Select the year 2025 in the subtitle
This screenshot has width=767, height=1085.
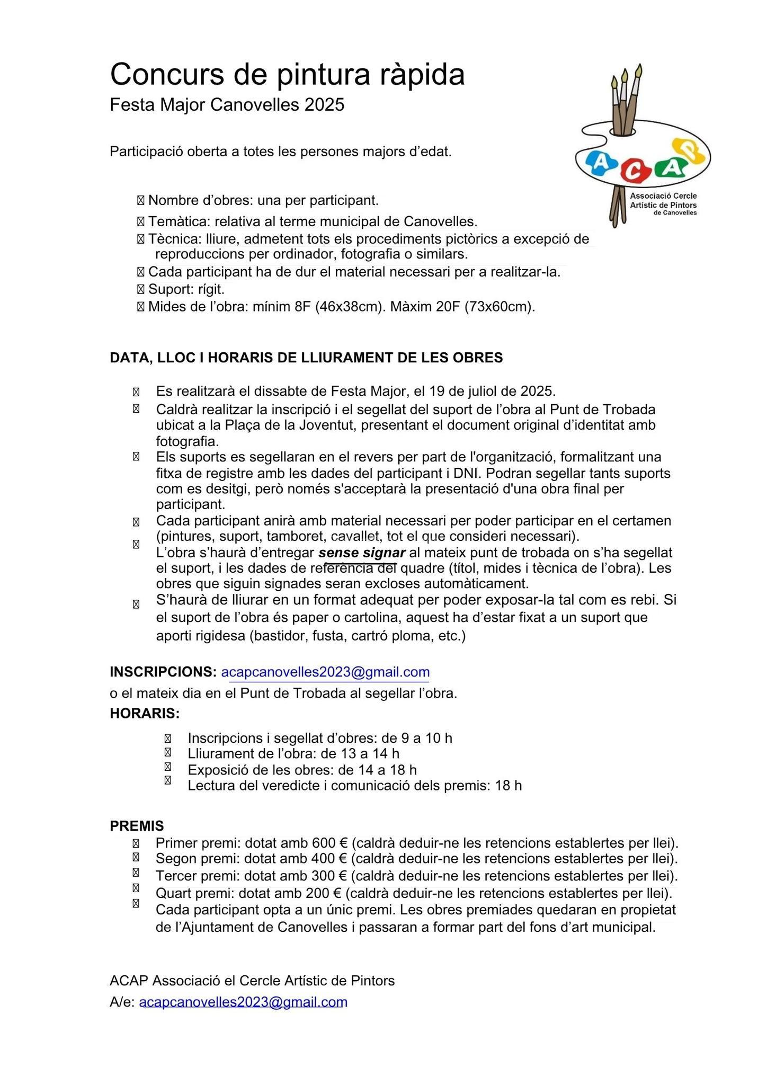tap(324, 105)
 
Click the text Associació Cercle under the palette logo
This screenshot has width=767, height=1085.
tap(663, 196)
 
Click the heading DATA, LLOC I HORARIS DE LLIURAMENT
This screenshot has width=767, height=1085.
tap(306, 358)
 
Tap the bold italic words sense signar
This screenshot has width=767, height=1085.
tap(362, 553)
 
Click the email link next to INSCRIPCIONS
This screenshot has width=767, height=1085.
tap(325, 672)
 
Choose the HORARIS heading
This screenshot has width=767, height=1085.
tap(145, 714)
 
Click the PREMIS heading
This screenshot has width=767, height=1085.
tap(137, 826)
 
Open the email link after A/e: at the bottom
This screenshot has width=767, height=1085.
tap(243, 1002)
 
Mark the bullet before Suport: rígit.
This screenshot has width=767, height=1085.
tap(140, 289)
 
